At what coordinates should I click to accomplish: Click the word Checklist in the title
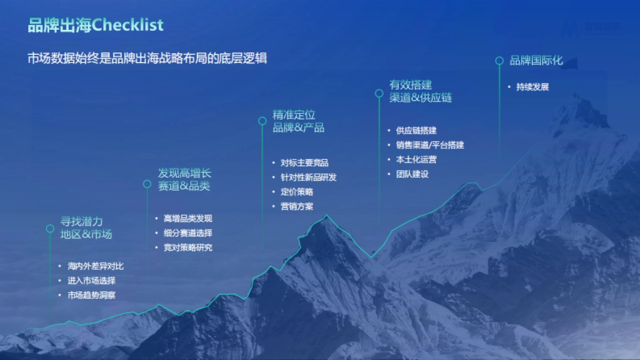point(127,25)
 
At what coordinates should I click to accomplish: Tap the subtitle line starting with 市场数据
point(147,58)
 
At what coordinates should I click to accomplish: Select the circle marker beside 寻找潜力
point(50,228)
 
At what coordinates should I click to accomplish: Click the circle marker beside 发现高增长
point(147,184)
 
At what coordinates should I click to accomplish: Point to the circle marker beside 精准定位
point(262,121)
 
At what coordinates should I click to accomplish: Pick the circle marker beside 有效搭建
point(379,93)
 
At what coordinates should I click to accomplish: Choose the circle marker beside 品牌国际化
point(499,61)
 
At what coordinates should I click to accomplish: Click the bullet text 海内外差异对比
point(95,266)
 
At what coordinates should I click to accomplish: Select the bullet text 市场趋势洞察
point(92,295)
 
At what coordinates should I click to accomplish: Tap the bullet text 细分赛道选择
point(188,233)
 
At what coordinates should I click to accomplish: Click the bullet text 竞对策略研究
point(188,247)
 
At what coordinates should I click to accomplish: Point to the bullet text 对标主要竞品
point(305,163)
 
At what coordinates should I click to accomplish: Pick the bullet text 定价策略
point(297,191)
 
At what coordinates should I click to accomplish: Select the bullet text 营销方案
point(297,206)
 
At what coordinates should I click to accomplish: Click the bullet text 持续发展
point(532,86)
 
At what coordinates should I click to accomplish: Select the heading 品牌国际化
point(536,60)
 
